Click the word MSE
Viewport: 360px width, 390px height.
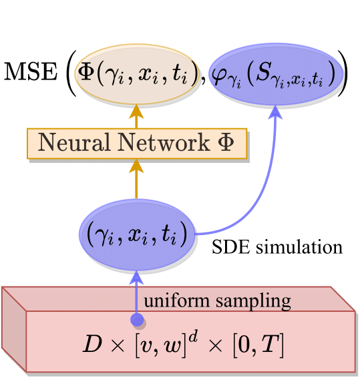[x=31, y=71]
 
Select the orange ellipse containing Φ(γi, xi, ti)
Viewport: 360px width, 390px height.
[x=136, y=74]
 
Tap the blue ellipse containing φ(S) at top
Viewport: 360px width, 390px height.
[x=276, y=74]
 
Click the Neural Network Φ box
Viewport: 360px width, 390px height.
[x=137, y=144]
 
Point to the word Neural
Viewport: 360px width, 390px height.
[x=74, y=142]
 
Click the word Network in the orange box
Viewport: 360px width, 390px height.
[x=164, y=142]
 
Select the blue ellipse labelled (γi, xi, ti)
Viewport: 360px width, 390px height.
[x=136, y=235]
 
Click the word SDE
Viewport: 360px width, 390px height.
[x=230, y=247]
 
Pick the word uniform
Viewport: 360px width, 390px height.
[x=176, y=301]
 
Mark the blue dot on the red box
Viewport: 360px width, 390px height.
[x=137, y=320]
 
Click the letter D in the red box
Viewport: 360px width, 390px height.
[x=92, y=344]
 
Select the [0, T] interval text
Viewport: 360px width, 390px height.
[x=258, y=345]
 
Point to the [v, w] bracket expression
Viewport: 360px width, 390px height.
[x=160, y=345]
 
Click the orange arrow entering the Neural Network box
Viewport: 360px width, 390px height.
[x=136, y=179]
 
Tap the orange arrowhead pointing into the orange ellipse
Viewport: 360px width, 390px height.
[x=136, y=112]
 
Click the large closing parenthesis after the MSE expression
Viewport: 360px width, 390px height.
[x=343, y=73]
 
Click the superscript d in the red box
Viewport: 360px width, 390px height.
[x=193, y=337]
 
